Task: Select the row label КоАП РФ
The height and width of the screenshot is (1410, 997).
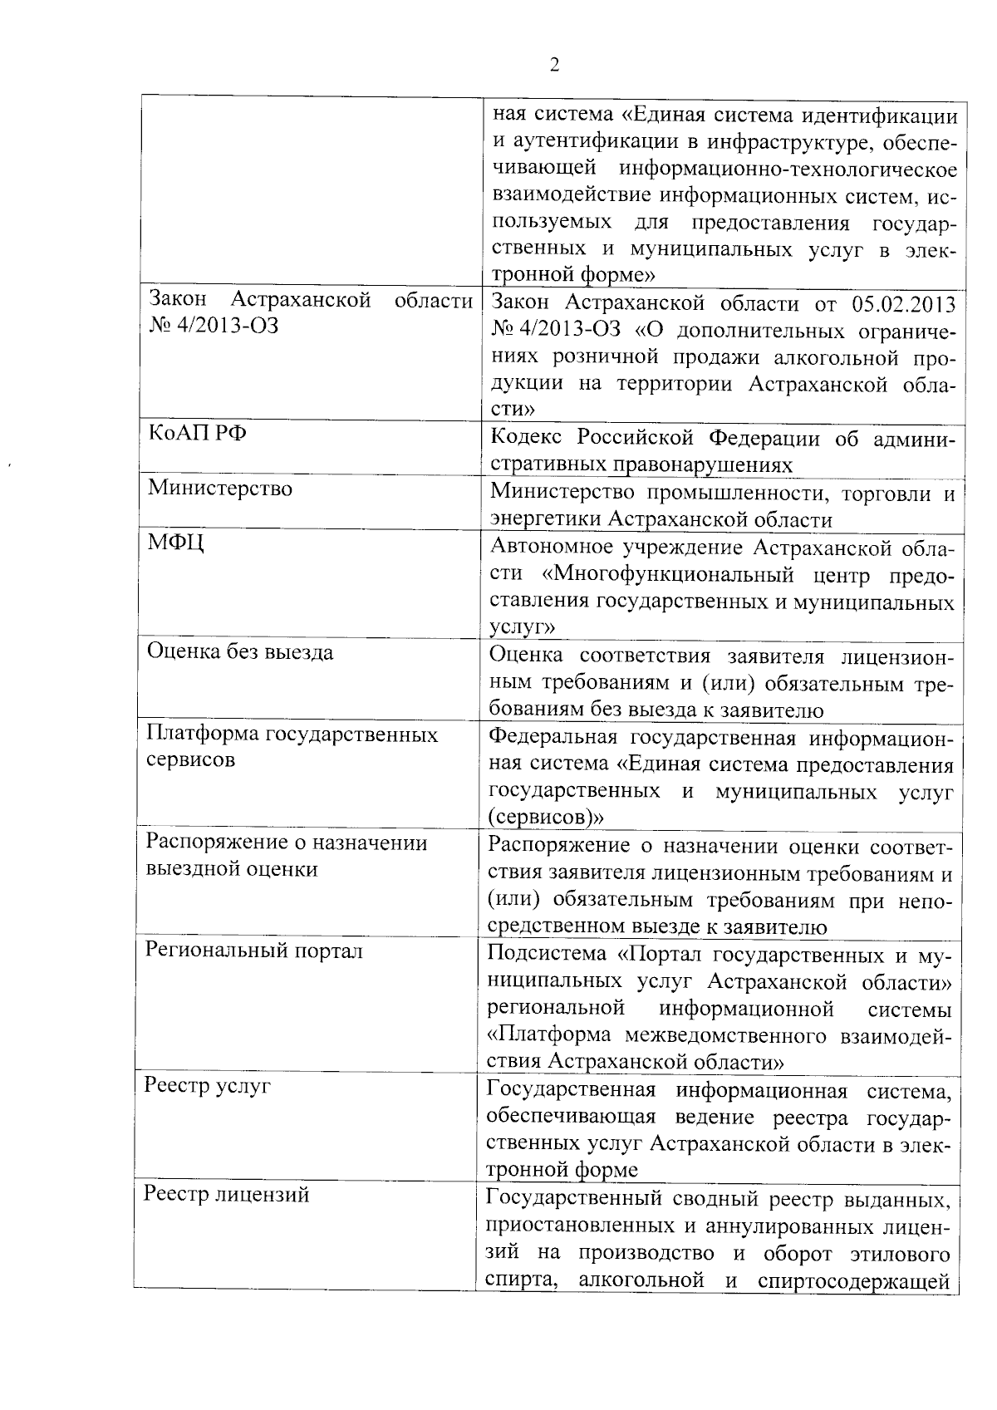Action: point(197,435)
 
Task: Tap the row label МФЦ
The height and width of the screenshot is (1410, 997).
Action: point(176,544)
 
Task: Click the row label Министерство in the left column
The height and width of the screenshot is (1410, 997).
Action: point(219,488)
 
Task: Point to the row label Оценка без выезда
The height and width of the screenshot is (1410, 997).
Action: point(240,651)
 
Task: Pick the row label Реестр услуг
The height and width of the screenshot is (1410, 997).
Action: point(208,1086)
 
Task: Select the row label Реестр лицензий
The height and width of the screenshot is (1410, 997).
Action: point(227,1195)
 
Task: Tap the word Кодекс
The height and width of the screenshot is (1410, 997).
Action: point(526,438)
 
